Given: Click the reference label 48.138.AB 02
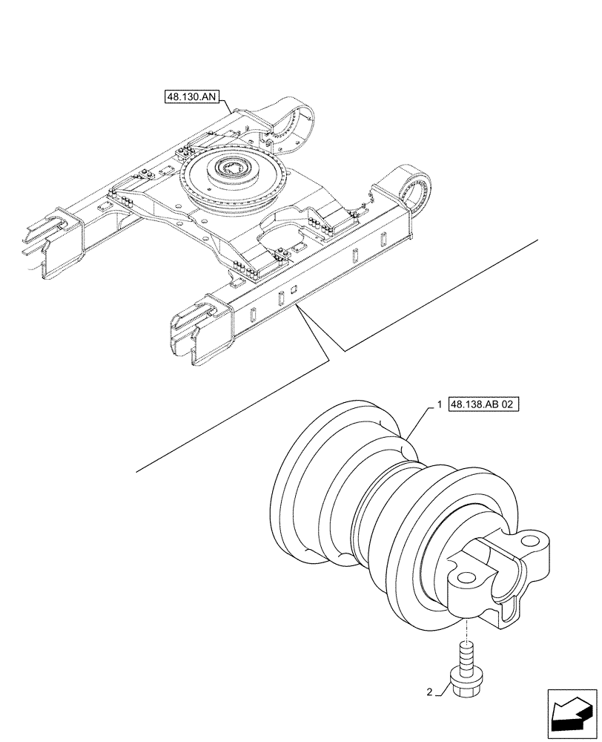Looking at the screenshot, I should click(485, 405).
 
